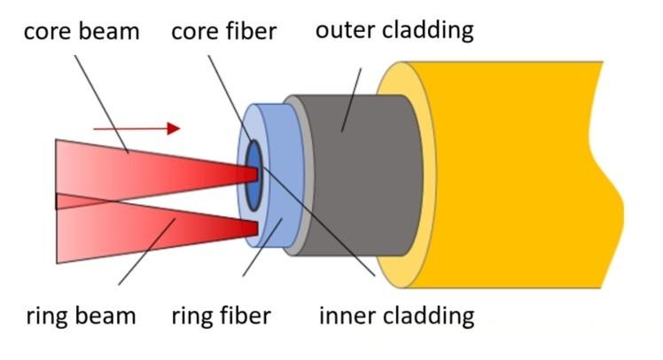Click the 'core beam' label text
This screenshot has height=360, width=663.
coord(82,32)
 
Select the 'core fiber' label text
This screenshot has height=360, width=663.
coord(224,32)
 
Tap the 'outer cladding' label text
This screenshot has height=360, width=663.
coord(394,30)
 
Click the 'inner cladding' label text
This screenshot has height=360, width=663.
coord(396,315)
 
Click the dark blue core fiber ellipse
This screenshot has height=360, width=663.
coord(254,174)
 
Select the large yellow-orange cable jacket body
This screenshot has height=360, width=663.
coord(514,177)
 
